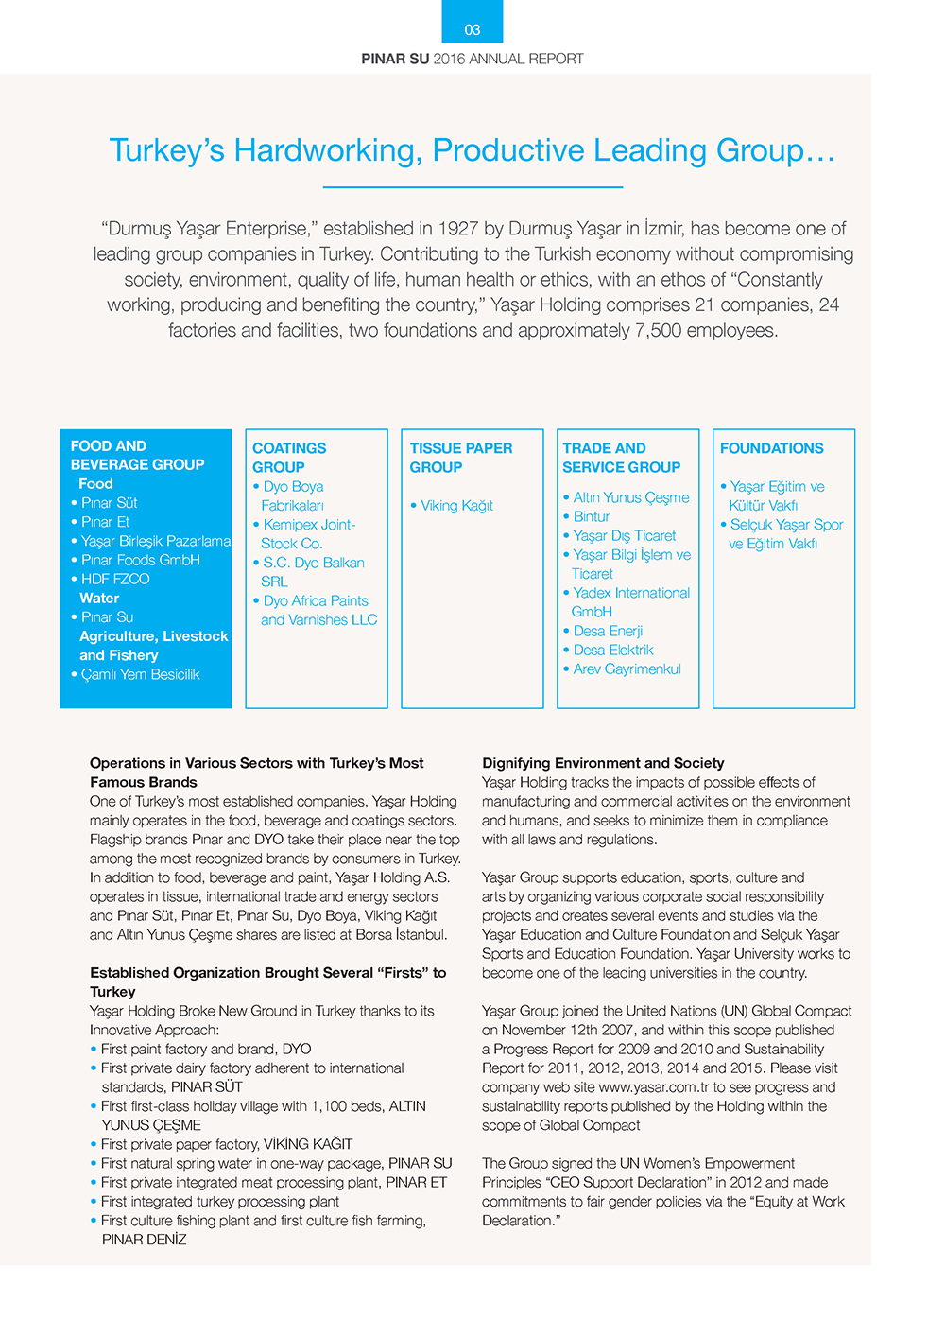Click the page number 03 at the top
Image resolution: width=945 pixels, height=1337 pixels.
click(x=472, y=30)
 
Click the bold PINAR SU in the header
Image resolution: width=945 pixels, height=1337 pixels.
click(x=395, y=59)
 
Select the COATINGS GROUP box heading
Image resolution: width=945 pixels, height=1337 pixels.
click(x=289, y=458)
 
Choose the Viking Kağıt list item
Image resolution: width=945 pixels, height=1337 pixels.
click(x=456, y=506)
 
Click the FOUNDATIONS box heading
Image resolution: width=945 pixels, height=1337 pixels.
click(x=771, y=448)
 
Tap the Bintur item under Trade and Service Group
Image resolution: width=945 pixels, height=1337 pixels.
click(x=591, y=517)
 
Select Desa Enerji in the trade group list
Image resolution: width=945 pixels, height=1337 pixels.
click(x=608, y=632)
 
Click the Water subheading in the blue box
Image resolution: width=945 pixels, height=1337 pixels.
click(x=99, y=599)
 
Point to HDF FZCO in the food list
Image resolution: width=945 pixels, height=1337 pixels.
click(x=115, y=580)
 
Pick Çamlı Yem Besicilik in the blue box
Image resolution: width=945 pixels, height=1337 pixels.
click(x=140, y=675)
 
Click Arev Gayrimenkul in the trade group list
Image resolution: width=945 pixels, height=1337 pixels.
click(x=627, y=669)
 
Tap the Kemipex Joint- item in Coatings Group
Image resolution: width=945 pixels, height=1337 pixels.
click(x=309, y=525)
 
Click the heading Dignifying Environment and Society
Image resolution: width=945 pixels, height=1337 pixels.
click(x=603, y=763)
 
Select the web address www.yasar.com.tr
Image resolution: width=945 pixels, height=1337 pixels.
click(x=654, y=1087)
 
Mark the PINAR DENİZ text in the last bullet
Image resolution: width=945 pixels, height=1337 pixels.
click(x=145, y=1240)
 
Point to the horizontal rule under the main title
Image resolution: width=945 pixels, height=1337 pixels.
click(x=472, y=187)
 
